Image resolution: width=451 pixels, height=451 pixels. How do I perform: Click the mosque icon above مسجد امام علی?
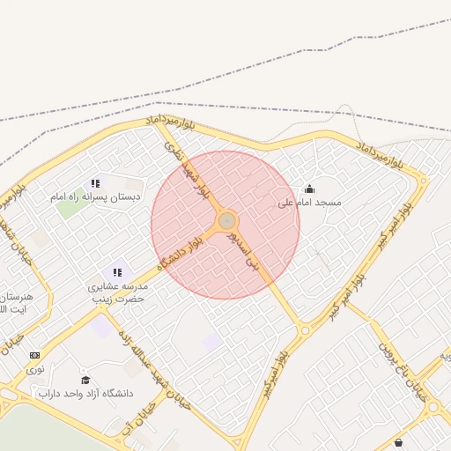[309, 189]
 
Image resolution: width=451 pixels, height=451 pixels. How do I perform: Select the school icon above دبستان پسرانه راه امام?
[95, 184]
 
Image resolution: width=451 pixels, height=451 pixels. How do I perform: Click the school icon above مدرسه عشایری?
[117, 272]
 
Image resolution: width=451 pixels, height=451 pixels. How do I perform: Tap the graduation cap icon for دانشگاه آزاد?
[85, 380]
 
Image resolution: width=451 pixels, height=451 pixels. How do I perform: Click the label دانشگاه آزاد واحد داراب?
[85, 393]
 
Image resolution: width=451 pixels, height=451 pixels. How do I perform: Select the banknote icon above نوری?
[34, 355]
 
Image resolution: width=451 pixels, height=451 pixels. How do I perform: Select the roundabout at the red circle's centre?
[226, 220]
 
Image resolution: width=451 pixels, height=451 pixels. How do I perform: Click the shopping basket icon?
[400, 442]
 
